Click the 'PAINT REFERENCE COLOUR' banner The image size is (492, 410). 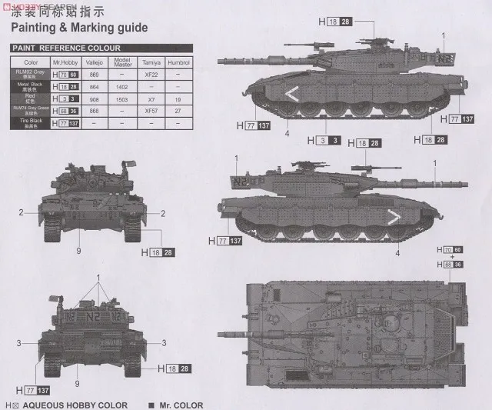point(66,48)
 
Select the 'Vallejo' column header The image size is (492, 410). point(95,61)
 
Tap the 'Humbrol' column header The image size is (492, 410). point(178,61)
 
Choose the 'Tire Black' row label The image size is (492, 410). point(31,123)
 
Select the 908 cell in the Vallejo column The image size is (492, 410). point(95,98)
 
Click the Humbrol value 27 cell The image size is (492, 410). point(178,111)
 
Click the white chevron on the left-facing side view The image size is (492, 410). point(293,95)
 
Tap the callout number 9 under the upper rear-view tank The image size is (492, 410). point(78,250)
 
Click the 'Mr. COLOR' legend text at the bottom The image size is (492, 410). point(182,405)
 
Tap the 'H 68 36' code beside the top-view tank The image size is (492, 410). point(454,265)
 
